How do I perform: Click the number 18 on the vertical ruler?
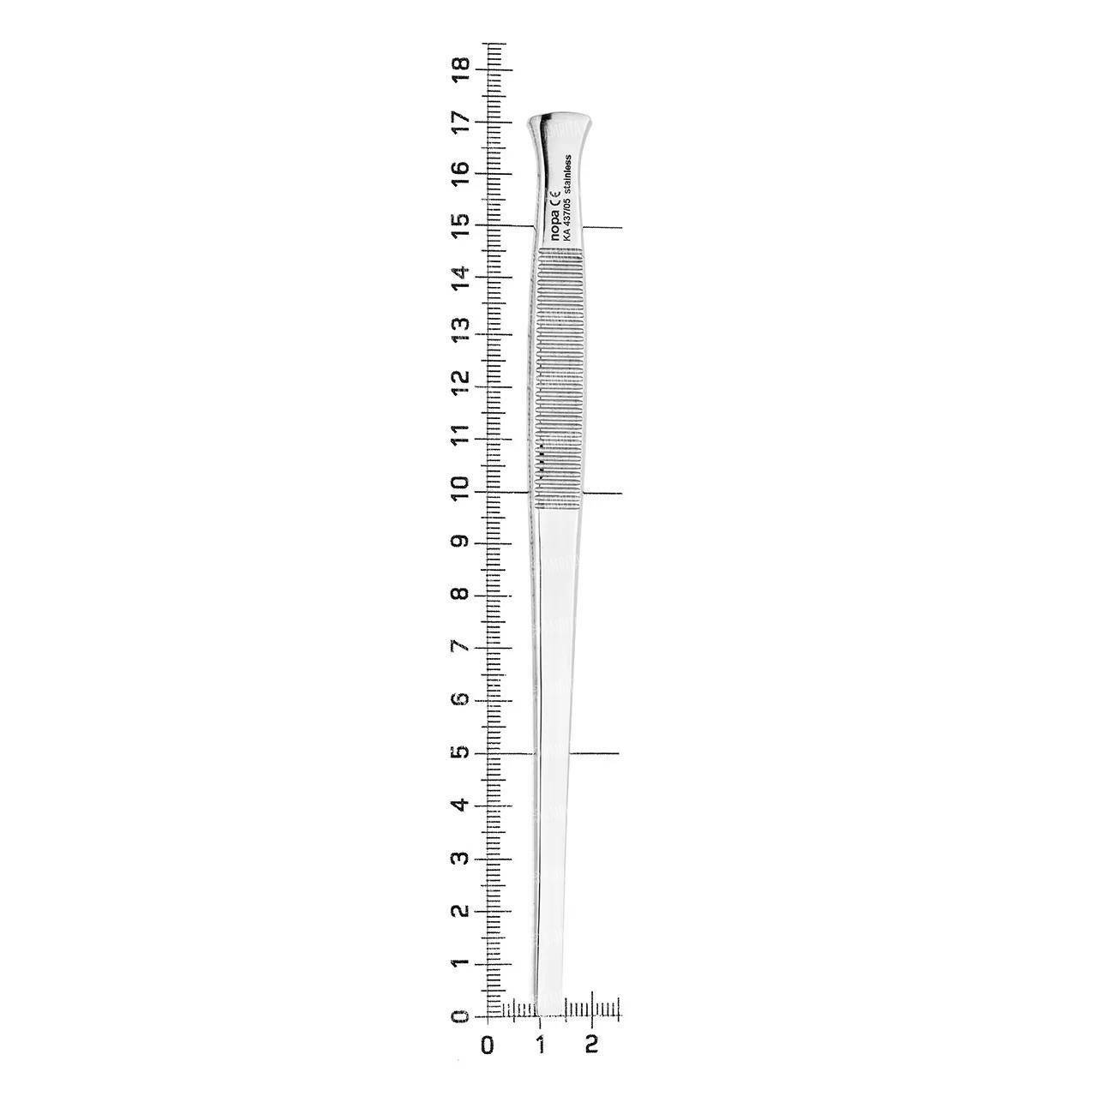click(461, 70)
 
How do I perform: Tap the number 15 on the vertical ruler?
click(461, 226)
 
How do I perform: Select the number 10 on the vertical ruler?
click(461, 492)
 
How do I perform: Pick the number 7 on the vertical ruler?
click(461, 647)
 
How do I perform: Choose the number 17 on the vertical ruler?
click(461, 123)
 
